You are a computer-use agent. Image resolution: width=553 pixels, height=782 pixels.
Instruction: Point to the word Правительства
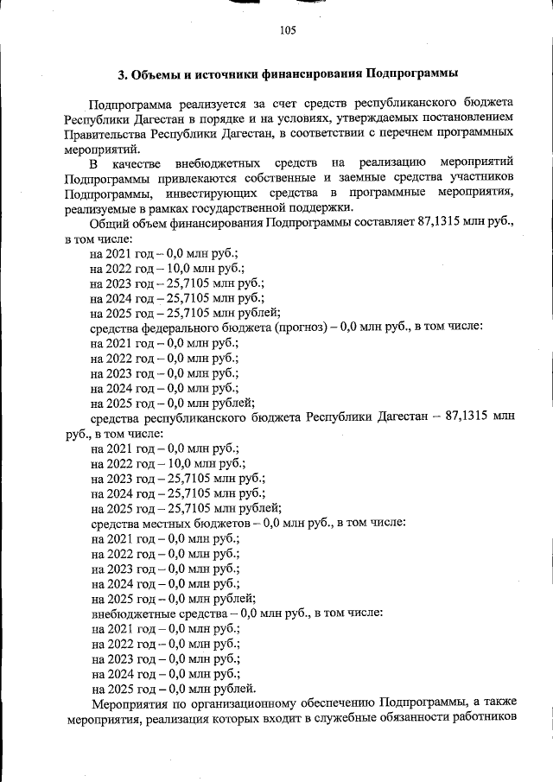tap(104, 134)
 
